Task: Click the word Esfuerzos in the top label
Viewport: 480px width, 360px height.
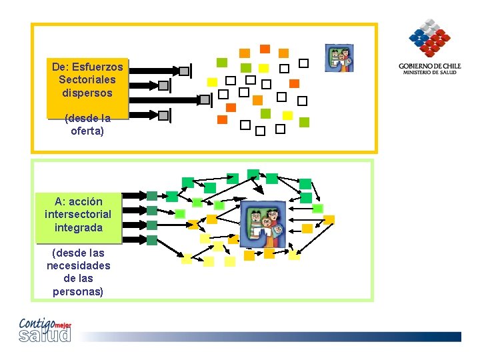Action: point(100,67)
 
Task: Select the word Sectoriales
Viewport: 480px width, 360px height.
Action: point(87,79)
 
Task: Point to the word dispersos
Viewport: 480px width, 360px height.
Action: point(87,93)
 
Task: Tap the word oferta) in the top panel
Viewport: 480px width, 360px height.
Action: point(87,131)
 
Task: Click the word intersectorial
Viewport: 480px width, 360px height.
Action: point(78,214)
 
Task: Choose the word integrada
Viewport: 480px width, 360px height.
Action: point(79,227)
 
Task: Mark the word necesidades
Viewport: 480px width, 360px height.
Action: point(79,265)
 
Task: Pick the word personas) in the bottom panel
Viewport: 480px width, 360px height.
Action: point(78,291)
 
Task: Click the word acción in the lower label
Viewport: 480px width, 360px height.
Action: point(85,201)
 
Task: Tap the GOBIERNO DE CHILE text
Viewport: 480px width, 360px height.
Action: point(430,66)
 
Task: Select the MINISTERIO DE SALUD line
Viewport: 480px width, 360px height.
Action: point(430,73)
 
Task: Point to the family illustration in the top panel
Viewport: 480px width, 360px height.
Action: point(339,58)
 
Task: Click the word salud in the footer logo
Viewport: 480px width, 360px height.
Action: point(45,335)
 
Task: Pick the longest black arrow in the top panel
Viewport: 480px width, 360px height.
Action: point(171,99)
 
